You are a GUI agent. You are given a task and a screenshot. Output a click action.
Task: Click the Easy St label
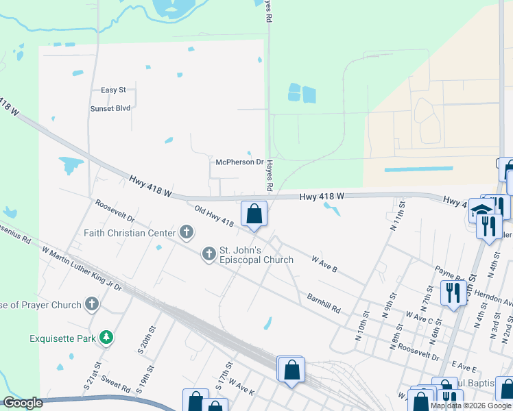114,90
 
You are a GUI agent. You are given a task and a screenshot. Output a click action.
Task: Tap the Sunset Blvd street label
110,108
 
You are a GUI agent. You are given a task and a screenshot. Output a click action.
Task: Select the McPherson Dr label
240,162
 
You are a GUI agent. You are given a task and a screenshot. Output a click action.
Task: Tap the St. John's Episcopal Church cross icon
208,254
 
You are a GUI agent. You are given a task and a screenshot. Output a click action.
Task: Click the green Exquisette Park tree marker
106,337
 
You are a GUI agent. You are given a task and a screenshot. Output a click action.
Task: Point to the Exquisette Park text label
62,338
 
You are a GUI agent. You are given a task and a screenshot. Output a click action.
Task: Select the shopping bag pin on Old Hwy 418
254,214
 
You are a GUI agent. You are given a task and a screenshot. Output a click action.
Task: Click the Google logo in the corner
23,403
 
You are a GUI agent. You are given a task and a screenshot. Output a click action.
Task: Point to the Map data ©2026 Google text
470,406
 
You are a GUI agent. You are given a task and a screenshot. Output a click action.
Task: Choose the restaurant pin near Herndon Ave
453,292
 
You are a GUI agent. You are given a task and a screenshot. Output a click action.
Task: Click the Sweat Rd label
116,385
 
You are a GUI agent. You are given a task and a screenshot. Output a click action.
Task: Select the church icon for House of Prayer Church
91,303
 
